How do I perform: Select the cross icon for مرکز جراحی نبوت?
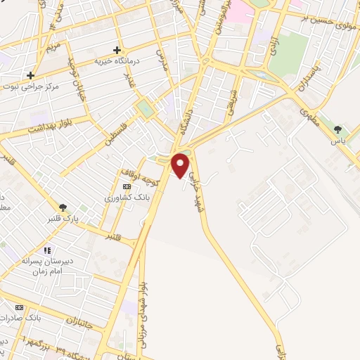(30, 75)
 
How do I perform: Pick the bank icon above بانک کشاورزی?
(127, 186)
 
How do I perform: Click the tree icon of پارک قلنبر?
(63, 207)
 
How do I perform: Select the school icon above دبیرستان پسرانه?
(48, 250)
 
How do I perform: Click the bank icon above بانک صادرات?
(19, 307)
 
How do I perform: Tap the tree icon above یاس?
(338, 129)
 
